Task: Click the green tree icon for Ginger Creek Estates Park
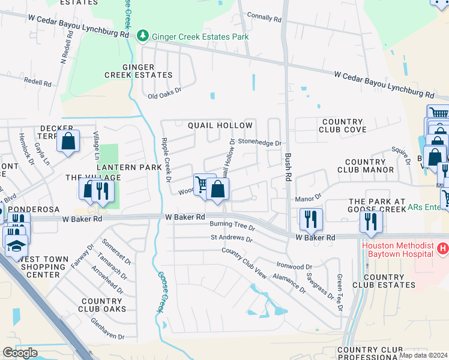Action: (x=143, y=37)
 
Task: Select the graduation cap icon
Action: (x=16, y=244)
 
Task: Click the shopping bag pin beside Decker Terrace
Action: (x=68, y=141)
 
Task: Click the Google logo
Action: (x=20, y=353)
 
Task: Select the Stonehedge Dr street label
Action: (x=259, y=143)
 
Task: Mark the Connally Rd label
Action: (x=264, y=19)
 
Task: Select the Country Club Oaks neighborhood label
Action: (x=103, y=305)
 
